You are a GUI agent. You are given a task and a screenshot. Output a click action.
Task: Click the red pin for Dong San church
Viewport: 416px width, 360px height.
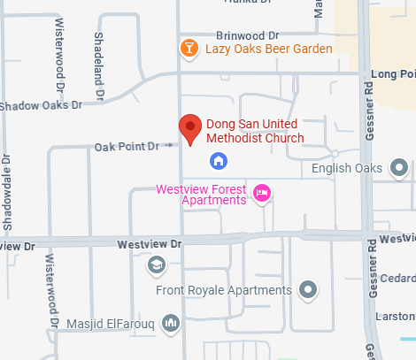(x=189, y=128)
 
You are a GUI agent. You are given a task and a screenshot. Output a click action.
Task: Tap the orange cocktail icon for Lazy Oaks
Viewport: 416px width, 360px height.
(x=189, y=48)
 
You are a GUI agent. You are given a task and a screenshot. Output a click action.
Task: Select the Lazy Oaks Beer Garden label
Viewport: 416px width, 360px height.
(x=269, y=48)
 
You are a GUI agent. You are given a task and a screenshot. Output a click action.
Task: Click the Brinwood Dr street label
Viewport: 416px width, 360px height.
(x=247, y=34)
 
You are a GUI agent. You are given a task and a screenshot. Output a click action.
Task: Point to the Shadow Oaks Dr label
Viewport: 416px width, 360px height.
(x=41, y=105)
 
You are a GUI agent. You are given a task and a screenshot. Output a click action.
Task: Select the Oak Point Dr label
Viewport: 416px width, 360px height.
(x=127, y=145)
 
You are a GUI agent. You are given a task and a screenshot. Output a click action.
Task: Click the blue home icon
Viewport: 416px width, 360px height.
(x=218, y=160)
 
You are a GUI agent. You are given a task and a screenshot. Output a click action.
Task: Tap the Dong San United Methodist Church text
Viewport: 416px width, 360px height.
(x=255, y=131)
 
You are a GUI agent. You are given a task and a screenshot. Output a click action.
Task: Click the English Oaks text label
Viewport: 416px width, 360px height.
(x=347, y=168)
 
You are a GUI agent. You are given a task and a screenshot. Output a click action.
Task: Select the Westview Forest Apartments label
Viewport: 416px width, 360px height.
(x=202, y=194)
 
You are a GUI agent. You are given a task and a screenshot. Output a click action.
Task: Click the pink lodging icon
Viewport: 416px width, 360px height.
(x=261, y=192)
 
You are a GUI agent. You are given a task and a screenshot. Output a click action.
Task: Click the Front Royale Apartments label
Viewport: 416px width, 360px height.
(x=223, y=289)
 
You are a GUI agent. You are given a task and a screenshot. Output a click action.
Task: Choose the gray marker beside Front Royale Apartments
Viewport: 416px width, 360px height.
(x=307, y=288)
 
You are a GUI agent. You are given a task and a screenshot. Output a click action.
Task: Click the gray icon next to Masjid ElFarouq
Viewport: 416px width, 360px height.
(x=171, y=323)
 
